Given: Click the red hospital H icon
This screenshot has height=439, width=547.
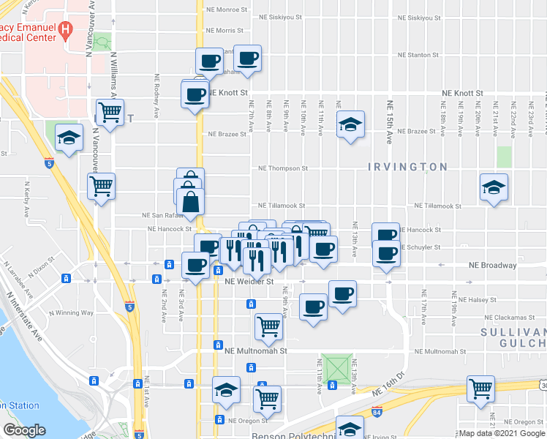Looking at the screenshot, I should click(x=67, y=31).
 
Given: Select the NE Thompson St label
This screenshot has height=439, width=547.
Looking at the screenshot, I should click(x=283, y=168).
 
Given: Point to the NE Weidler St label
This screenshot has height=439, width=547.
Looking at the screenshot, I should click(x=249, y=281).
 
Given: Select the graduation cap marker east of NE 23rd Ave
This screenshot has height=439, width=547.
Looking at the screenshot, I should click(x=494, y=187).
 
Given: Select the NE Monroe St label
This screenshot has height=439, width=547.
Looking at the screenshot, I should click(x=227, y=10).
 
